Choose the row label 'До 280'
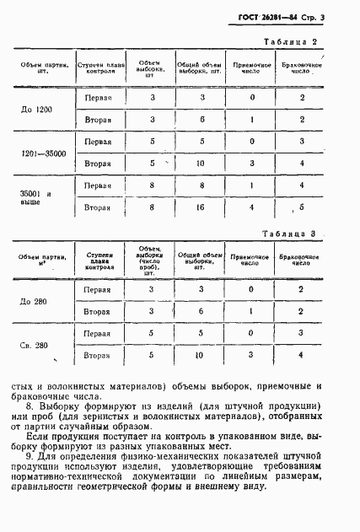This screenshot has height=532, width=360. point(36,300)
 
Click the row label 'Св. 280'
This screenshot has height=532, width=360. point(36,344)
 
